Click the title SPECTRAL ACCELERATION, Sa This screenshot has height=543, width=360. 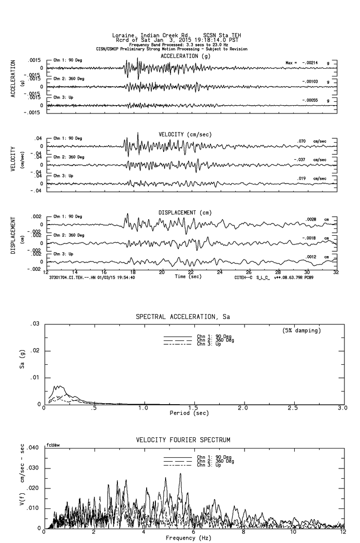182,317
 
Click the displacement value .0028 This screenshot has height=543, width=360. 311,220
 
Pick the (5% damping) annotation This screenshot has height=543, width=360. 301,331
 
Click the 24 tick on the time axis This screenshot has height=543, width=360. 220,272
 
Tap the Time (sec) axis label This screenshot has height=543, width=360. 189,277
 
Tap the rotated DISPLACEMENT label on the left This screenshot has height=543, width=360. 14,235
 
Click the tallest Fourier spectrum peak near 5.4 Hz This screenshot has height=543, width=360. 180,473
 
